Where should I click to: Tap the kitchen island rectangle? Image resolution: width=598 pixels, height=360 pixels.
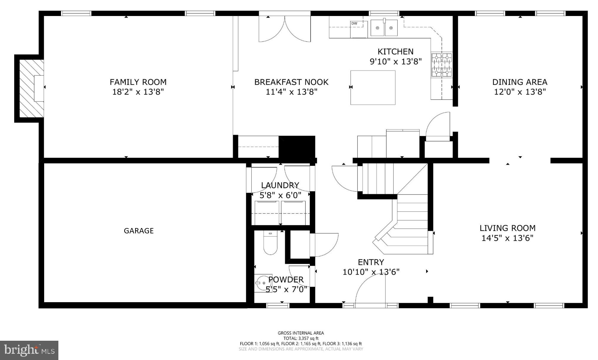[373, 87]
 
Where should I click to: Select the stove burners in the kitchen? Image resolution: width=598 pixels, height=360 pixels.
[442, 65]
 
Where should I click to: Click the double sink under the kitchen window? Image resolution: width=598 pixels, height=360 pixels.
[384, 28]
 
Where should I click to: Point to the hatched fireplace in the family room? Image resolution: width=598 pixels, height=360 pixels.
[30, 88]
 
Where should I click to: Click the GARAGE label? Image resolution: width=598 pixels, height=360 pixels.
[139, 231]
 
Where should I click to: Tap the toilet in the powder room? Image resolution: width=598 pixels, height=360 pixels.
[270, 243]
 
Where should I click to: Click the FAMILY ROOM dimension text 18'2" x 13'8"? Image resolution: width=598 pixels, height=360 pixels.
[138, 92]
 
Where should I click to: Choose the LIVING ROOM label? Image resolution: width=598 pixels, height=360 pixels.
[507, 228]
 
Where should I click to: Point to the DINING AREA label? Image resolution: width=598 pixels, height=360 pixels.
[519, 82]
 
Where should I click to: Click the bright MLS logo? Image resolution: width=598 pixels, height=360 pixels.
[29, 351]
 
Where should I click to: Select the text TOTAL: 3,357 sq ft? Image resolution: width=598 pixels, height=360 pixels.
[301, 338]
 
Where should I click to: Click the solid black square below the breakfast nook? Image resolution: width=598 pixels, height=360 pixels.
[297, 147]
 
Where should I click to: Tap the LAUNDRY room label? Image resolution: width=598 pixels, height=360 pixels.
[280, 185]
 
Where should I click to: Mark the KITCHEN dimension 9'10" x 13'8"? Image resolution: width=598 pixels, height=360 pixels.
[396, 62]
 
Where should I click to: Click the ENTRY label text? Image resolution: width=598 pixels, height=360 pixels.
[371, 262]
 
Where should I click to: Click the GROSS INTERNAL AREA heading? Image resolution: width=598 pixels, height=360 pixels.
[301, 333]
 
